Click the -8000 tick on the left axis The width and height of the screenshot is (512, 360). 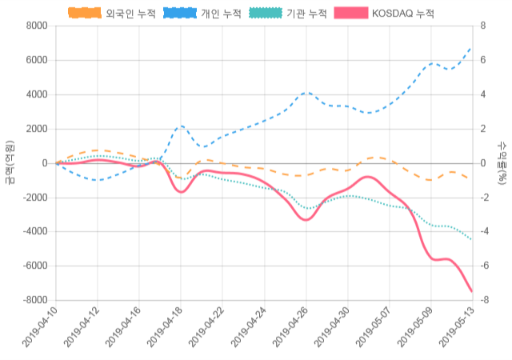point(34,300)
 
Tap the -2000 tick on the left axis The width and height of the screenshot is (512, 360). point(34,198)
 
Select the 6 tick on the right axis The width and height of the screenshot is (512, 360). point(482,60)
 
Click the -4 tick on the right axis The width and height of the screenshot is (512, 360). point(484,232)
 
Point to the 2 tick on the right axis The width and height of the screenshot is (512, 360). point(482,129)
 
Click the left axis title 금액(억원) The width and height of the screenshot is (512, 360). point(10,162)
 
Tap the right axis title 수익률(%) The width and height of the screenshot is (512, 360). point(502,162)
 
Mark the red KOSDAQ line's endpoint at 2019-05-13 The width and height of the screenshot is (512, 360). point(472,291)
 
